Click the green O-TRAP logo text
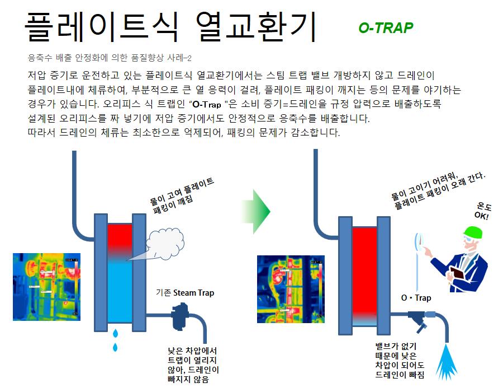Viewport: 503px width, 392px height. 386,28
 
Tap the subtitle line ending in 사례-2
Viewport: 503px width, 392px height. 109,58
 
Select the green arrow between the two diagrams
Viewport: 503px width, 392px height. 257,211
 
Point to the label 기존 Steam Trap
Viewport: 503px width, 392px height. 185,292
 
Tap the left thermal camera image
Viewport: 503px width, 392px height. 46,287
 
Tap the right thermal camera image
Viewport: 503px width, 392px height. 290,289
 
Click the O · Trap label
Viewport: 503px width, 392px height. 416,298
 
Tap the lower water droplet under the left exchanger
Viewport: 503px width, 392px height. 116,347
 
